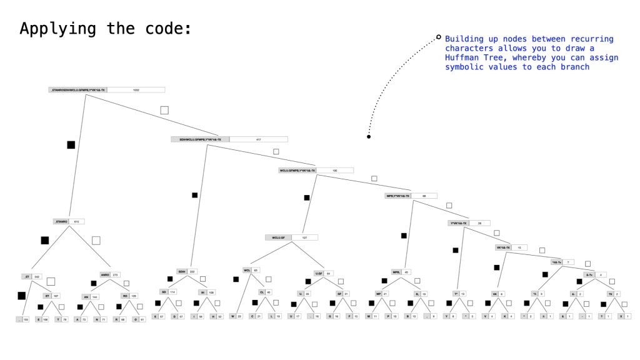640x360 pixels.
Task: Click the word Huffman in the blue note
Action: click(463, 57)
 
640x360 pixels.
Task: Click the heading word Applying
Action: click(47, 29)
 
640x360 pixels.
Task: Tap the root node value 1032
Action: click(136, 90)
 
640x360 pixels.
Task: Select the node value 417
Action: click(258, 139)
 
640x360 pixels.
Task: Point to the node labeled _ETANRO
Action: click(61, 221)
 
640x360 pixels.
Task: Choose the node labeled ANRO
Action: click(105, 274)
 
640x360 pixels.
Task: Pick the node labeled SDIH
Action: click(182, 271)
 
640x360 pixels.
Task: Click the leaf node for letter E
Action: click(38, 319)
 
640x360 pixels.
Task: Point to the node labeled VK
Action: click(495, 293)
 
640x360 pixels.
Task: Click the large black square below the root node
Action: click(71, 145)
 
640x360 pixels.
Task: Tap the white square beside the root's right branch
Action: click(164, 110)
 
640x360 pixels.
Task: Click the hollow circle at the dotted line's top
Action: click(439, 37)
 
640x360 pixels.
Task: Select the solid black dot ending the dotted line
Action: click(369, 136)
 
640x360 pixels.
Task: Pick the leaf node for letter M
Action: click(368, 316)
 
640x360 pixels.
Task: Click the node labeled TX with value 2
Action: click(610, 293)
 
